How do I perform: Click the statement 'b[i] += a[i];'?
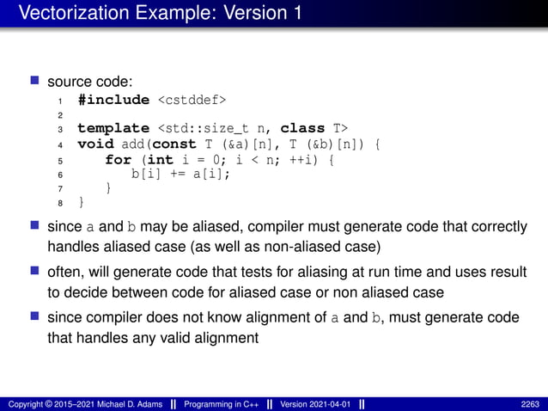point(181,174)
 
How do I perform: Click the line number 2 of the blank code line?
point(58,114)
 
